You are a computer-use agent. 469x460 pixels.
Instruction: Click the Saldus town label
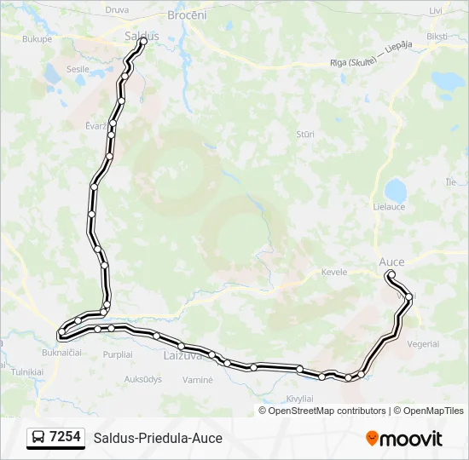[x=137, y=37]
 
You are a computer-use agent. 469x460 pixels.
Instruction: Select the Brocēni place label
[x=188, y=15]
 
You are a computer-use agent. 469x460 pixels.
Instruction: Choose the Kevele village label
[x=333, y=272]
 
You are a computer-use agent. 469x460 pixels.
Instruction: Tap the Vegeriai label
[x=423, y=344]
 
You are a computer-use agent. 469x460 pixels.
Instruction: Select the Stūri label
[x=304, y=135]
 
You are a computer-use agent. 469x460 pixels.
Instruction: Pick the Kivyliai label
[x=299, y=399]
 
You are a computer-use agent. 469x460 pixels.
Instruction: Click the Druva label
[x=116, y=10]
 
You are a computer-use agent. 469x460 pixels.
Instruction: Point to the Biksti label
[x=437, y=37]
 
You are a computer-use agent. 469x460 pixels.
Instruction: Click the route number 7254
[x=66, y=437]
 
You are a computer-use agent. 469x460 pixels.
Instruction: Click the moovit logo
[x=404, y=439]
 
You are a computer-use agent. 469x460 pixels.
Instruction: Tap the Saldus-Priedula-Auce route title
[x=158, y=438]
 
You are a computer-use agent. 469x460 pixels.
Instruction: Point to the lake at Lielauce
[x=395, y=189]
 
